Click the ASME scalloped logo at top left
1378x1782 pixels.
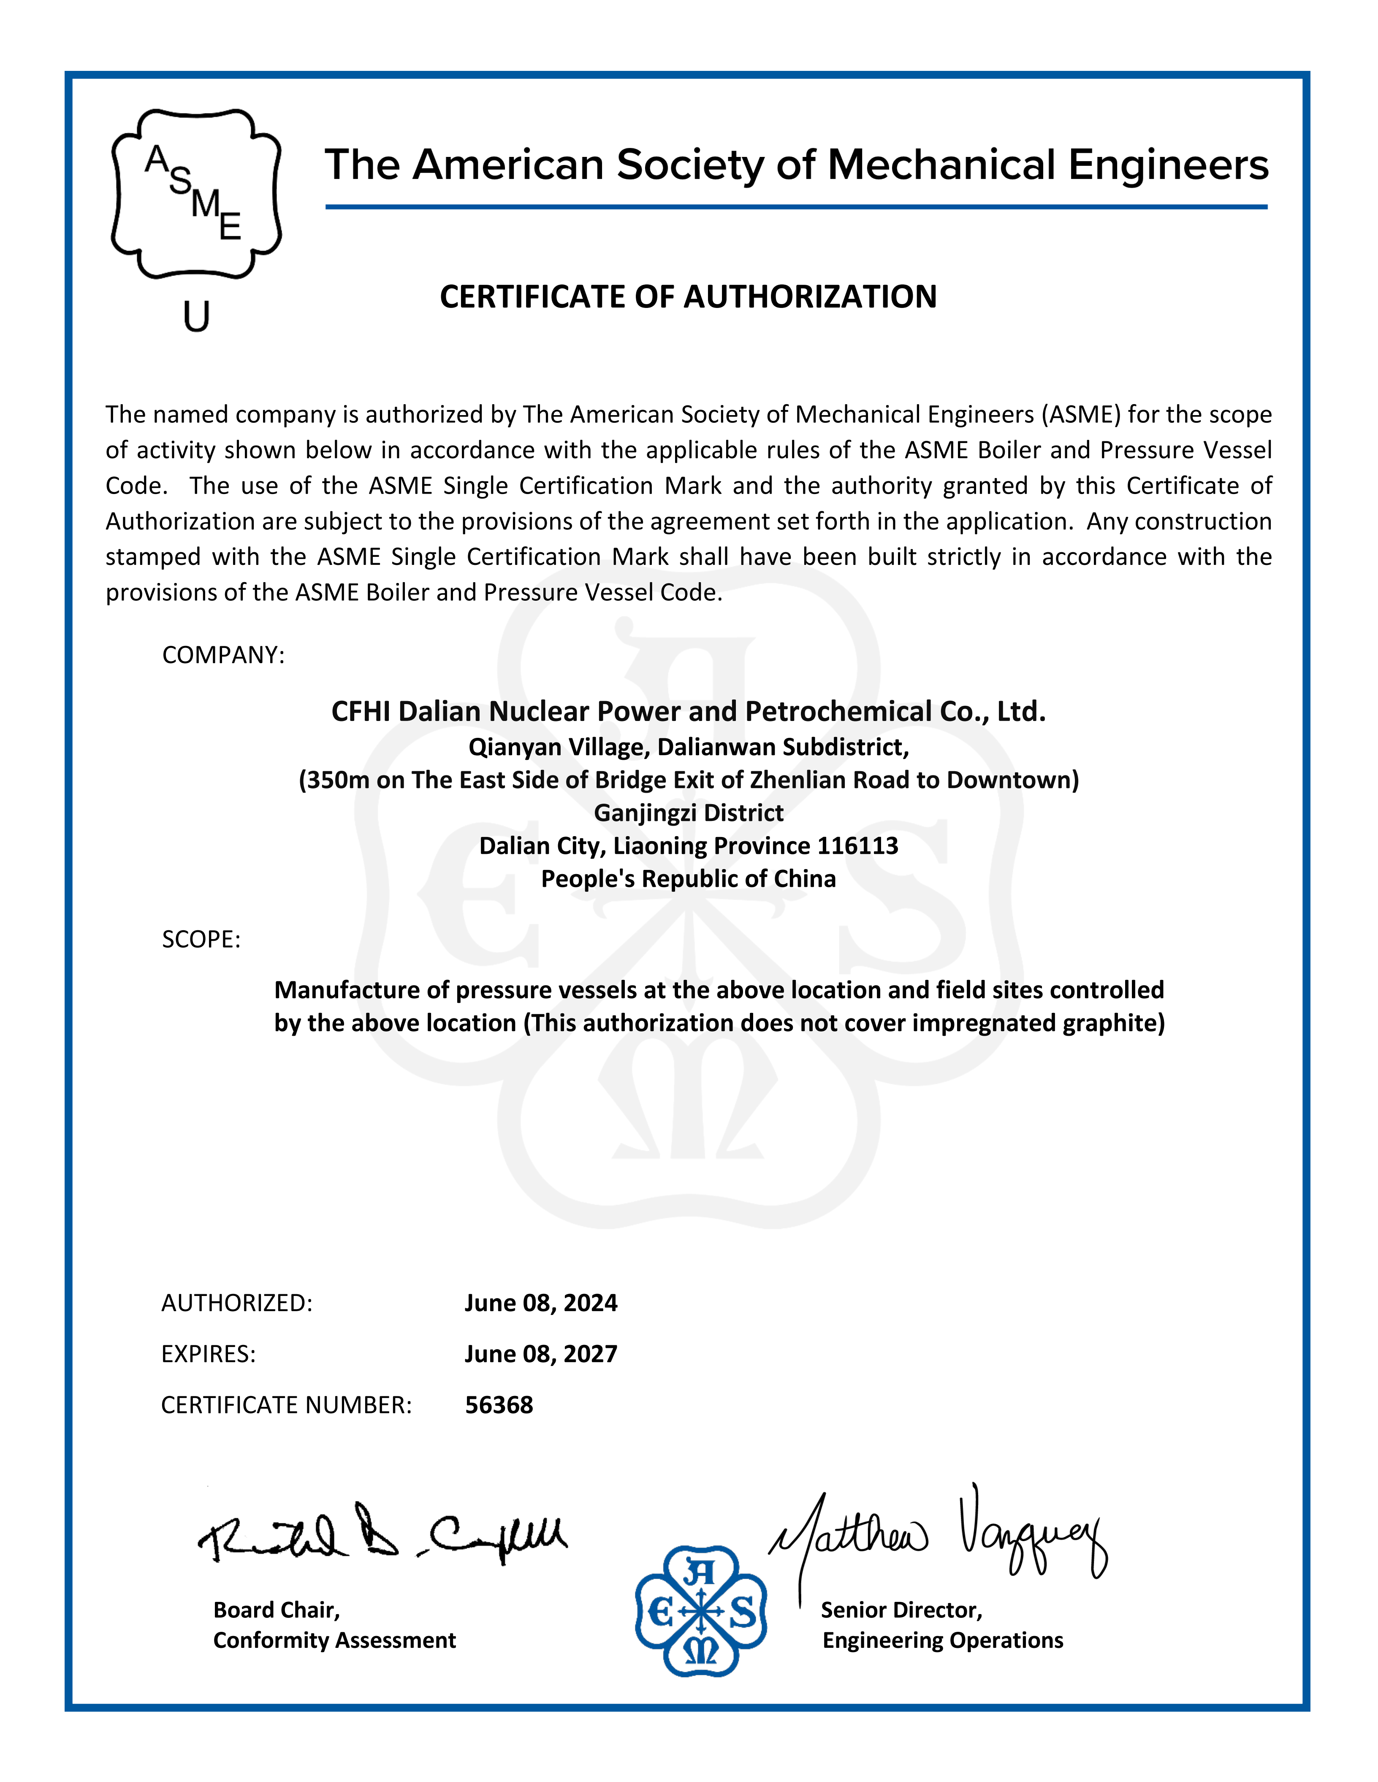point(196,194)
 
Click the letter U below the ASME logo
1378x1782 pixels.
point(196,316)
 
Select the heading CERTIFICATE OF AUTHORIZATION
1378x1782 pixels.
point(688,297)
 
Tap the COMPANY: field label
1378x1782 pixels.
point(223,655)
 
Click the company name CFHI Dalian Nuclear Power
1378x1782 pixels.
point(688,712)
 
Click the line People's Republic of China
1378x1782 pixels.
point(688,879)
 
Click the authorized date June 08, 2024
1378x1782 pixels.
point(540,1303)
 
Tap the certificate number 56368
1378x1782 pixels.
point(499,1405)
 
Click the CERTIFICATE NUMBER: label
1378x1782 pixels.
point(286,1405)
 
